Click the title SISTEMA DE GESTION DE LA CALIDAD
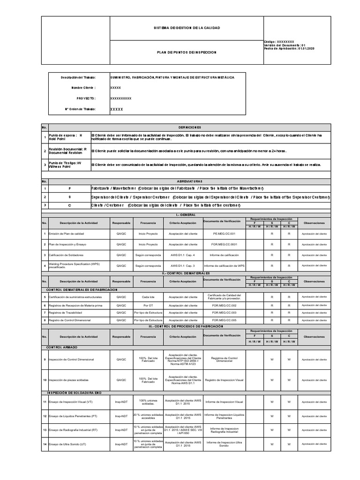[x=187, y=28]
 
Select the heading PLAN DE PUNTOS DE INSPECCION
[x=187, y=52]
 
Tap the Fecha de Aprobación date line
[x=289, y=48]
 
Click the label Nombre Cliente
[x=83, y=88]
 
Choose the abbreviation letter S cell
[x=69, y=197]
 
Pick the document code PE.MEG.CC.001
[x=224, y=233]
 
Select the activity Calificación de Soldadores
[x=67, y=255]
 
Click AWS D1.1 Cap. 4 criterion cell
[x=182, y=255]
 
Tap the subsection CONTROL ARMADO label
[x=62, y=347]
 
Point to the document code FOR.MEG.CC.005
[x=224, y=320]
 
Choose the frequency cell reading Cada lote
[x=148, y=297]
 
